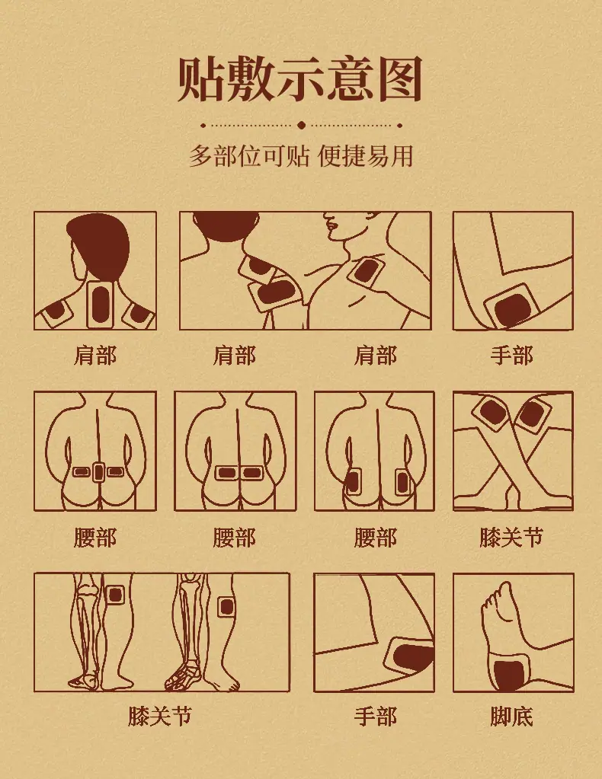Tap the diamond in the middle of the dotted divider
[301, 125]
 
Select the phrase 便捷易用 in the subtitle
[365, 157]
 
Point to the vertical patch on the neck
[101, 304]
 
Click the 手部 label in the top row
[511, 356]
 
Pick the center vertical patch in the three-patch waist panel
[99, 471]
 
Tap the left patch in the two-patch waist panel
[226, 472]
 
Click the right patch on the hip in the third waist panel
[402, 482]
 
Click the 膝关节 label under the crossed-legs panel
[511, 538]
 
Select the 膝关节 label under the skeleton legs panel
[159, 716]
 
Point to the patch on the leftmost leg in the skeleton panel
[115, 595]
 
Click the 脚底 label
[511, 717]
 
